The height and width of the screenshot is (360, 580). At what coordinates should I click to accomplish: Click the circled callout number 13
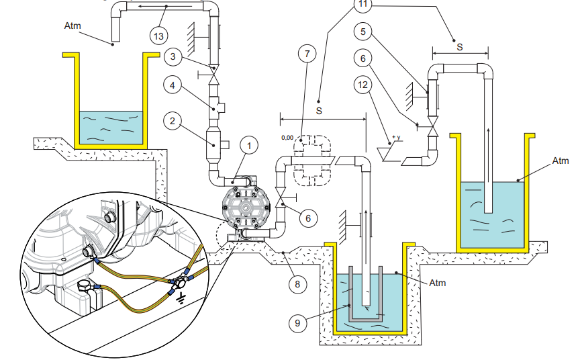point(159,34)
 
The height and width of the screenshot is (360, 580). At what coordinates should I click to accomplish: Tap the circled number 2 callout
point(173,121)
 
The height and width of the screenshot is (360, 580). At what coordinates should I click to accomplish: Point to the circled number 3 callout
point(173,58)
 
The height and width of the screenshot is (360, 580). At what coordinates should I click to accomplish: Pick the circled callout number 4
point(173,85)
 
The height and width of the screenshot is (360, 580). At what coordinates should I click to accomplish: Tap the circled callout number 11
point(363,4)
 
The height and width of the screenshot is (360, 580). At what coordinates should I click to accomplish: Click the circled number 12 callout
point(363,85)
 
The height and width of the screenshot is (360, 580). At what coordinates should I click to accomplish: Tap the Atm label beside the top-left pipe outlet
point(72,26)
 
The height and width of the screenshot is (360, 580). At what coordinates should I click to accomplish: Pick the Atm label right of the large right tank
point(560,161)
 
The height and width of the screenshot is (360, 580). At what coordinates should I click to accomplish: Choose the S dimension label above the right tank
point(459,48)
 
